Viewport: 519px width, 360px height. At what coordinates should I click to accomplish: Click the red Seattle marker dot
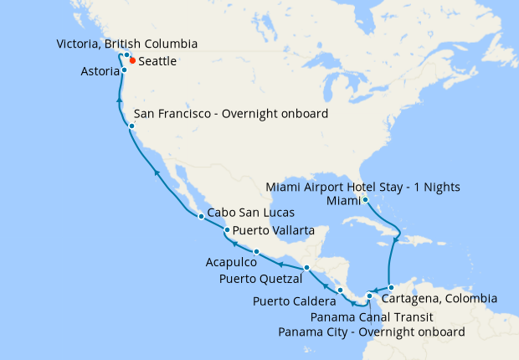pos(132,61)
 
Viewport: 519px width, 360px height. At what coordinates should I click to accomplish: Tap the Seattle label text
pos(157,61)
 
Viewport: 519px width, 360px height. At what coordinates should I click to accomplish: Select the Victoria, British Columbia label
pos(126,43)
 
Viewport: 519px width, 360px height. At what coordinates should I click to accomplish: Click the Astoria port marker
pos(124,70)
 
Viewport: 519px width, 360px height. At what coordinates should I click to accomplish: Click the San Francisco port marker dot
pos(131,126)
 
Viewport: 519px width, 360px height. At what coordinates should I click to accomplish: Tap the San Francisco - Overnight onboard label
pos(231,114)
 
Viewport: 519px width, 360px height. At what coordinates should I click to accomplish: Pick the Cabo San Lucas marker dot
pos(201,217)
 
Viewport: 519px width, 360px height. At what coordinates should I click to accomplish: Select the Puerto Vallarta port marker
pos(227,230)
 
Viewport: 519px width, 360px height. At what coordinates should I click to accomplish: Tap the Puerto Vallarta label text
pos(274,230)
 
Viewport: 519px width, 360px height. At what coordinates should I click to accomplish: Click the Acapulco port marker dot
pos(255,252)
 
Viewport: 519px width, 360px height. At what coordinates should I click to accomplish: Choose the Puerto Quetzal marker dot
pos(307,267)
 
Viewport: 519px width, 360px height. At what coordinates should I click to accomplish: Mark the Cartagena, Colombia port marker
pos(391,288)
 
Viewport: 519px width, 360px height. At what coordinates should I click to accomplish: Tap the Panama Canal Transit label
pos(371,317)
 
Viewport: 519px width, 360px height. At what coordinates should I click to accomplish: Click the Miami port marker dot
pos(366,199)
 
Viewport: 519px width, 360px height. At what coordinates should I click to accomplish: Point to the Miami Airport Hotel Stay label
pos(362,186)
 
